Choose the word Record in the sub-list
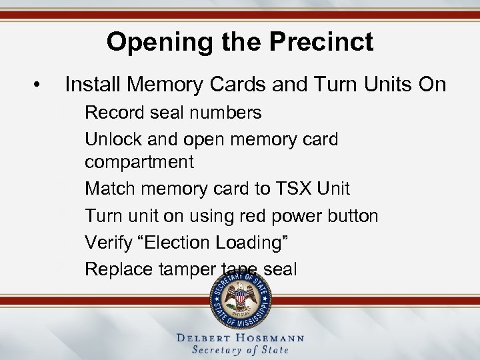pyautogui.click(x=113, y=113)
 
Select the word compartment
pyautogui.click(x=139, y=162)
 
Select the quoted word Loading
pyautogui.click(x=255, y=243)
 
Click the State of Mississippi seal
pyautogui.click(x=241, y=299)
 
